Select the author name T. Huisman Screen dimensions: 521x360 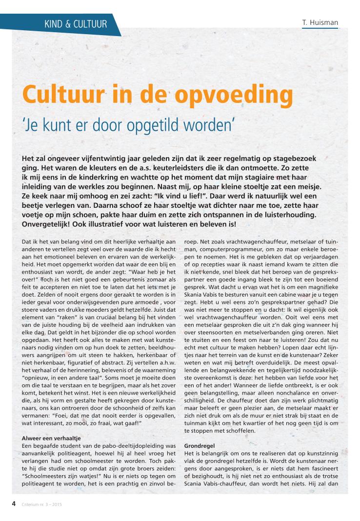click(x=320, y=22)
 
